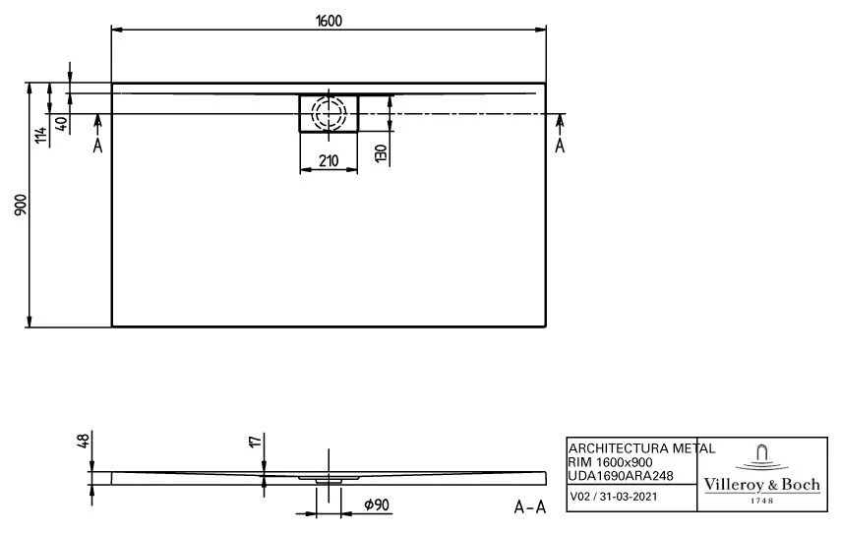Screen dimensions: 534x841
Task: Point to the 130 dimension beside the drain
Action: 379,152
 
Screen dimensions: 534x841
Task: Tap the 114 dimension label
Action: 40,137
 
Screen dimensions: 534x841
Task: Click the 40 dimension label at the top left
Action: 61,124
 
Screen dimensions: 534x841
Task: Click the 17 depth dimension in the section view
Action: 256,443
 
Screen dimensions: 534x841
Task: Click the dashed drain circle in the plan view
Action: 329,113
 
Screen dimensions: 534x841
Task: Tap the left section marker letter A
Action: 97,147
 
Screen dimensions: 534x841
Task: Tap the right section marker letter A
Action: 561,147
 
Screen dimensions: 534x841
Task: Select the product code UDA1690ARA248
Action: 621,475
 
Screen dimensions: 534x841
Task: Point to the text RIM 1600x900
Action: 612,462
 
